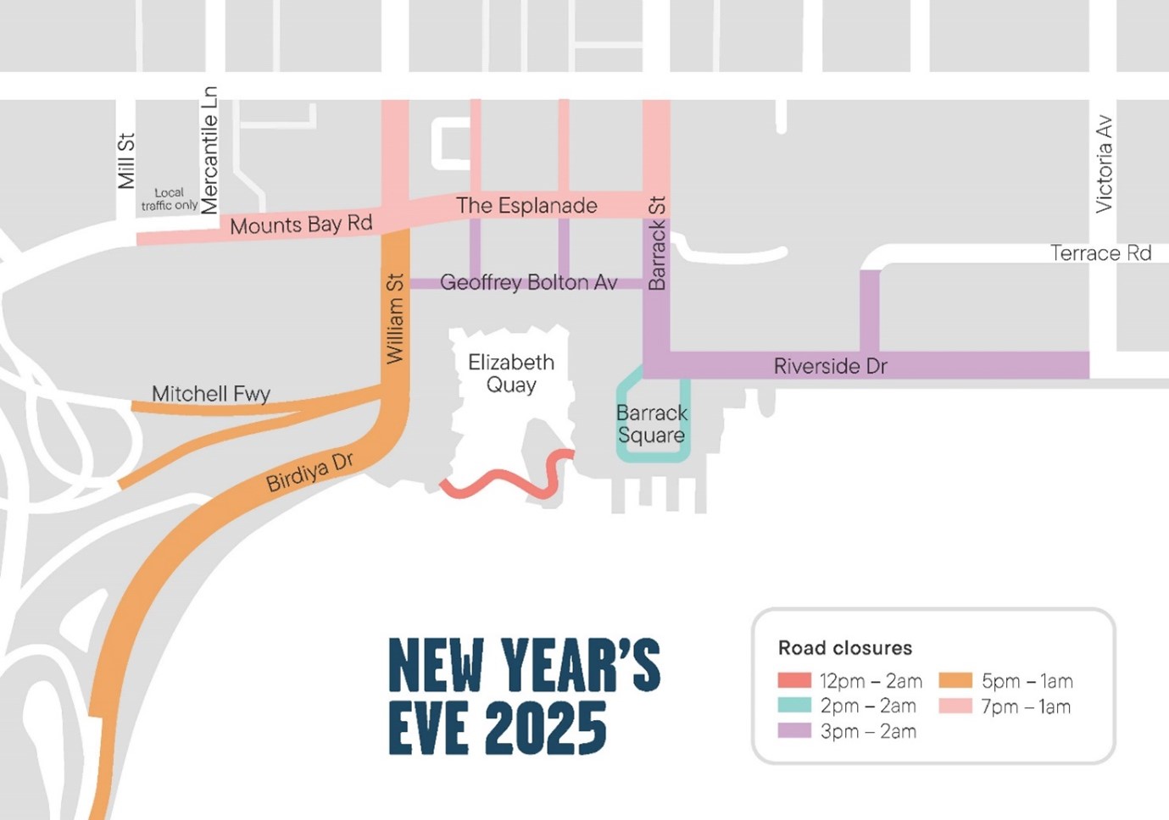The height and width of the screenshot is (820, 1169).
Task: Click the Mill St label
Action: tap(126, 161)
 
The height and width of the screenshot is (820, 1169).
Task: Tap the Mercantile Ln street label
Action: tap(209, 150)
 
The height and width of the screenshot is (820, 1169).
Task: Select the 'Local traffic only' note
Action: tap(170, 199)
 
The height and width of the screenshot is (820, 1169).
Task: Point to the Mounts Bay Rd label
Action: tap(301, 224)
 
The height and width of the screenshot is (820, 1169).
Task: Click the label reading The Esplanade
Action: tap(526, 206)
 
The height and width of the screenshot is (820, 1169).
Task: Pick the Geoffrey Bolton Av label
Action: tap(528, 282)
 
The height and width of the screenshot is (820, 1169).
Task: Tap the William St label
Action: tap(395, 319)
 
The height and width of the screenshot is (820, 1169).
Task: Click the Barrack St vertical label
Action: tap(657, 244)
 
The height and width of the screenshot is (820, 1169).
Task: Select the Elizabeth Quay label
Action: tap(511, 374)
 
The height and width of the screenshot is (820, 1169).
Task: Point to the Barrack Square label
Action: tap(651, 424)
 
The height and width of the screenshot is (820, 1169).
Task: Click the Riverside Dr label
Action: tap(830, 366)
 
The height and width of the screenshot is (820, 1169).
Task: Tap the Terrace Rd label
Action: tap(1100, 253)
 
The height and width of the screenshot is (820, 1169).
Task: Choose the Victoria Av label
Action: tap(1104, 164)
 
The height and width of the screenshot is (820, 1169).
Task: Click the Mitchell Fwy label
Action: tap(211, 394)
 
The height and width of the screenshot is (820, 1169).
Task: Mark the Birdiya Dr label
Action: tap(309, 473)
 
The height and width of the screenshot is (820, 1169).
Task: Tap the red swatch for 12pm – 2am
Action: tap(794, 680)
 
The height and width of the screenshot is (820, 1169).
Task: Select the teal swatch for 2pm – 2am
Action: tap(794, 706)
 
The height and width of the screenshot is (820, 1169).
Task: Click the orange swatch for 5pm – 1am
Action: tap(955, 680)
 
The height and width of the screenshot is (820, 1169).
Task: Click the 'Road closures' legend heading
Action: tap(844, 648)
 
